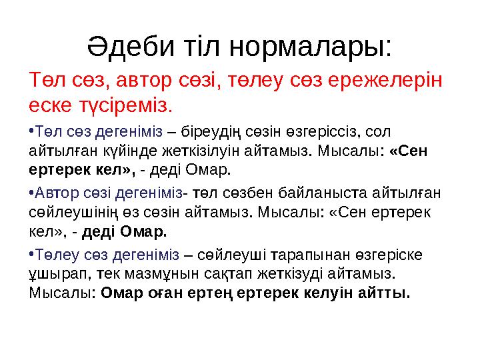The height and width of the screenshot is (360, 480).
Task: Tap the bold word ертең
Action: pyautogui.click(x=210, y=293)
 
